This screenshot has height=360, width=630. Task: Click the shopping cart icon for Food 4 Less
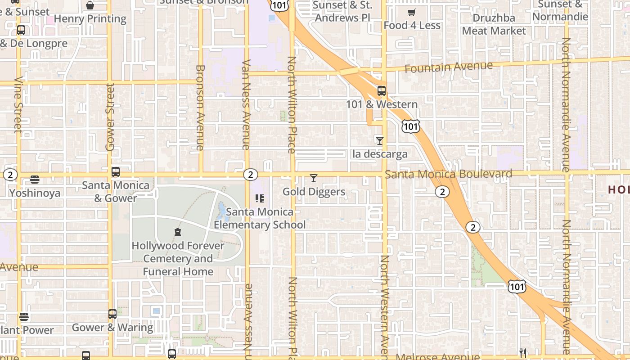pos(411,13)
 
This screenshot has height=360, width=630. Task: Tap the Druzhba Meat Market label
pos(494,24)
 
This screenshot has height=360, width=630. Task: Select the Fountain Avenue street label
pos(449,67)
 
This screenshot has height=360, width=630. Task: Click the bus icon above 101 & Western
pos(382,91)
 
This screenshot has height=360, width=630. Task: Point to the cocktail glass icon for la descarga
pos(380,141)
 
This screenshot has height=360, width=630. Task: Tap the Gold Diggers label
pos(314,192)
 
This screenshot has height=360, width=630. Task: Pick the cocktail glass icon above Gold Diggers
pos(314,179)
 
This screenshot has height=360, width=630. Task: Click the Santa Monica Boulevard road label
pos(448,174)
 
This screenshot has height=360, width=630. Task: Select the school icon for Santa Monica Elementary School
pos(259,198)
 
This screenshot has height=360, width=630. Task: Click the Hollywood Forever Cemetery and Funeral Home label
pos(178,259)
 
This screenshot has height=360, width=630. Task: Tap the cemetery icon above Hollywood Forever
pos(177,233)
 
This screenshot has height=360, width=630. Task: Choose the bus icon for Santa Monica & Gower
pos(116,172)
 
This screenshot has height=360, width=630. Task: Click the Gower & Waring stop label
pos(112,327)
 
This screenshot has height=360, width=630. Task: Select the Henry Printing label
pos(90,19)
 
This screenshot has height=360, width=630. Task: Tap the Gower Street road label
pos(110,117)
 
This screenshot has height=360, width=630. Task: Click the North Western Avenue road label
pos(384,306)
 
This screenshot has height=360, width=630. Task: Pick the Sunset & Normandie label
pos(560,11)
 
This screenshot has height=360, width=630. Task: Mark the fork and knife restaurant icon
pos(522,353)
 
